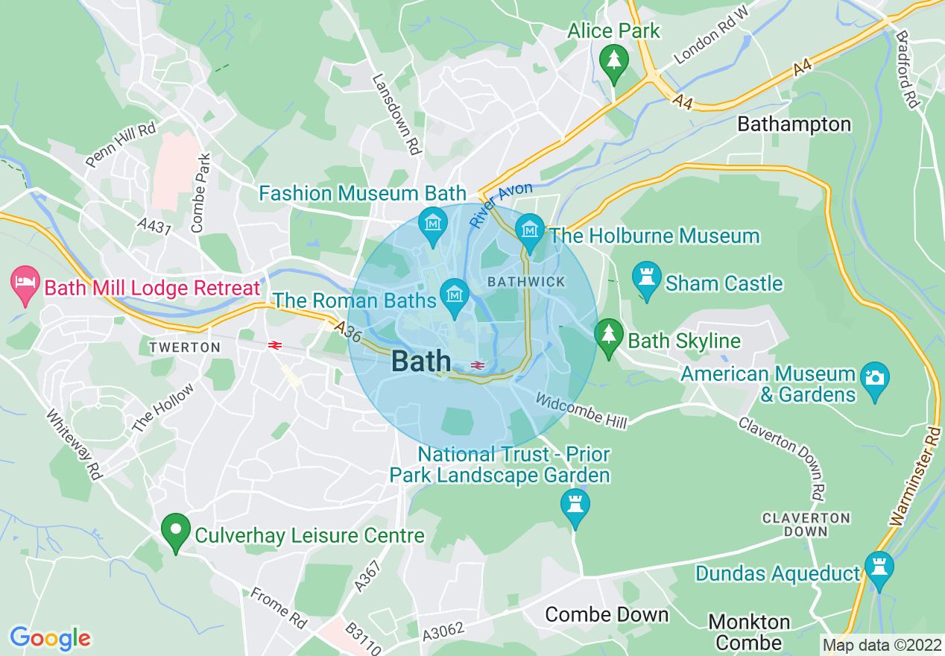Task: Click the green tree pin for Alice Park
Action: tap(613, 60)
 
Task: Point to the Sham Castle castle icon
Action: tap(645, 279)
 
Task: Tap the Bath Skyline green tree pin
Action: tap(609, 335)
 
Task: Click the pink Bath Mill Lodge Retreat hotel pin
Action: tap(25, 284)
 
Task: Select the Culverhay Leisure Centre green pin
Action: tap(175, 531)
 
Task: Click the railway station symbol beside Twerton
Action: tap(274, 345)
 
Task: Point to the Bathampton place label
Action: tap(794, 124)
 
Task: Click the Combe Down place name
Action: tap(607, 614)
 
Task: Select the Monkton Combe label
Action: tap(749, 632)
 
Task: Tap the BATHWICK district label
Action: tap(525, 282)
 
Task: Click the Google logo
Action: tap(50, 638)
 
